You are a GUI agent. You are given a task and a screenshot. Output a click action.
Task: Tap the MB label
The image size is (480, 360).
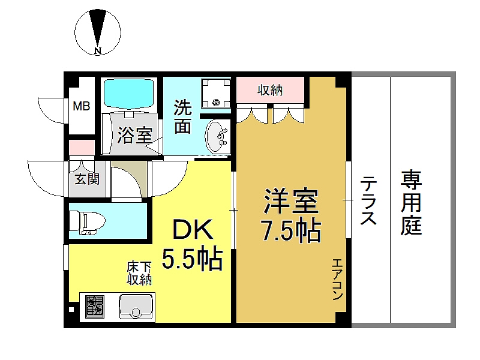[x=81, y=107]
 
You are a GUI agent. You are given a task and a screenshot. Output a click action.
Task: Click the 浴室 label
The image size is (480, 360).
[x=134, y=135]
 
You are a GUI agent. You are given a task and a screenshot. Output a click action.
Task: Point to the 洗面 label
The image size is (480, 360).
[x=183, y=116]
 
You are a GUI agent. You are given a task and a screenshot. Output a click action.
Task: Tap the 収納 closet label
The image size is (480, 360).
[x=270, y=91]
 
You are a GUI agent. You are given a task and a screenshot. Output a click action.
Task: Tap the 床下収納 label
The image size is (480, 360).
[x=139, y=274]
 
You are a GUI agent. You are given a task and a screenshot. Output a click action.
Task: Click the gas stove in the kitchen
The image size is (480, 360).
[x=95, y=307]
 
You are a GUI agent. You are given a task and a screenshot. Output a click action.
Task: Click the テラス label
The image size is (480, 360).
[x=368, y=200]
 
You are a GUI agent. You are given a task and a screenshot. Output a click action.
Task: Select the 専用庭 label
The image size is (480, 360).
[x=412, y=202]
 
